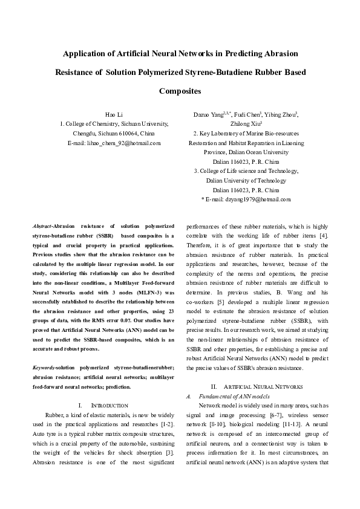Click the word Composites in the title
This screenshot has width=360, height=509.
[x=180, y=91]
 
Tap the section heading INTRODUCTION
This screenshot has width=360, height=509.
[x=109, y=404]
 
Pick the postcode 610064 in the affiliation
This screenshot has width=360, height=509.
[x=129, y=133]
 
